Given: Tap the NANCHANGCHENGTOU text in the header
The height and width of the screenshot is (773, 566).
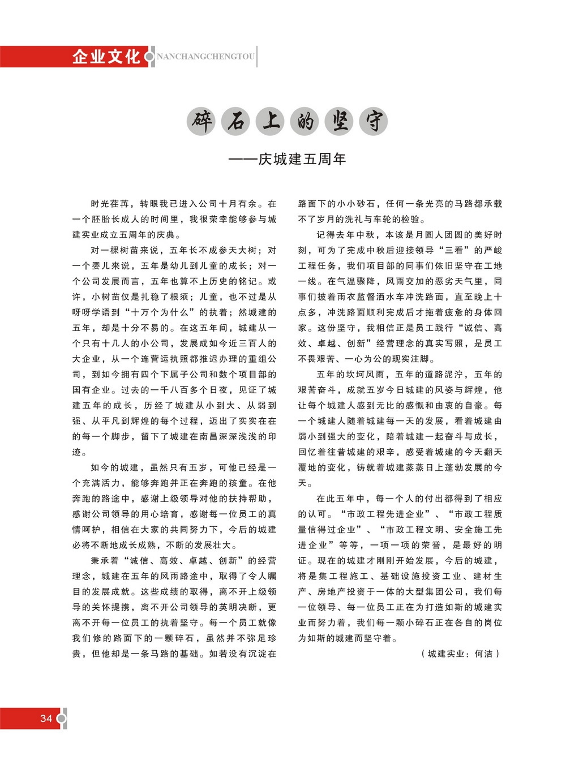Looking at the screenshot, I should (x=205, y=57).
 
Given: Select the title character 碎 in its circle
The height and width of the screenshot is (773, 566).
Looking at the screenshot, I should (x=201, y=121).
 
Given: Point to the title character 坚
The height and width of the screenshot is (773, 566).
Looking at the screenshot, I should (x=339, y=121).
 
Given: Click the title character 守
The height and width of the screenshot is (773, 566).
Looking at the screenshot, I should (x=373, y=121).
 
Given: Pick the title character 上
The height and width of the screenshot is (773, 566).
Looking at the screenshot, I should (x=271, y=121).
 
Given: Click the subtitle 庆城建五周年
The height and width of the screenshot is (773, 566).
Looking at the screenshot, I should (x=302, y=159).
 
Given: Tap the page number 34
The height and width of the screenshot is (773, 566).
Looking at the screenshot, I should (x=46, y=718).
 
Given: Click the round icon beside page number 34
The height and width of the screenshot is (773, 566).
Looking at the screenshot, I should (x=61, y=718).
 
